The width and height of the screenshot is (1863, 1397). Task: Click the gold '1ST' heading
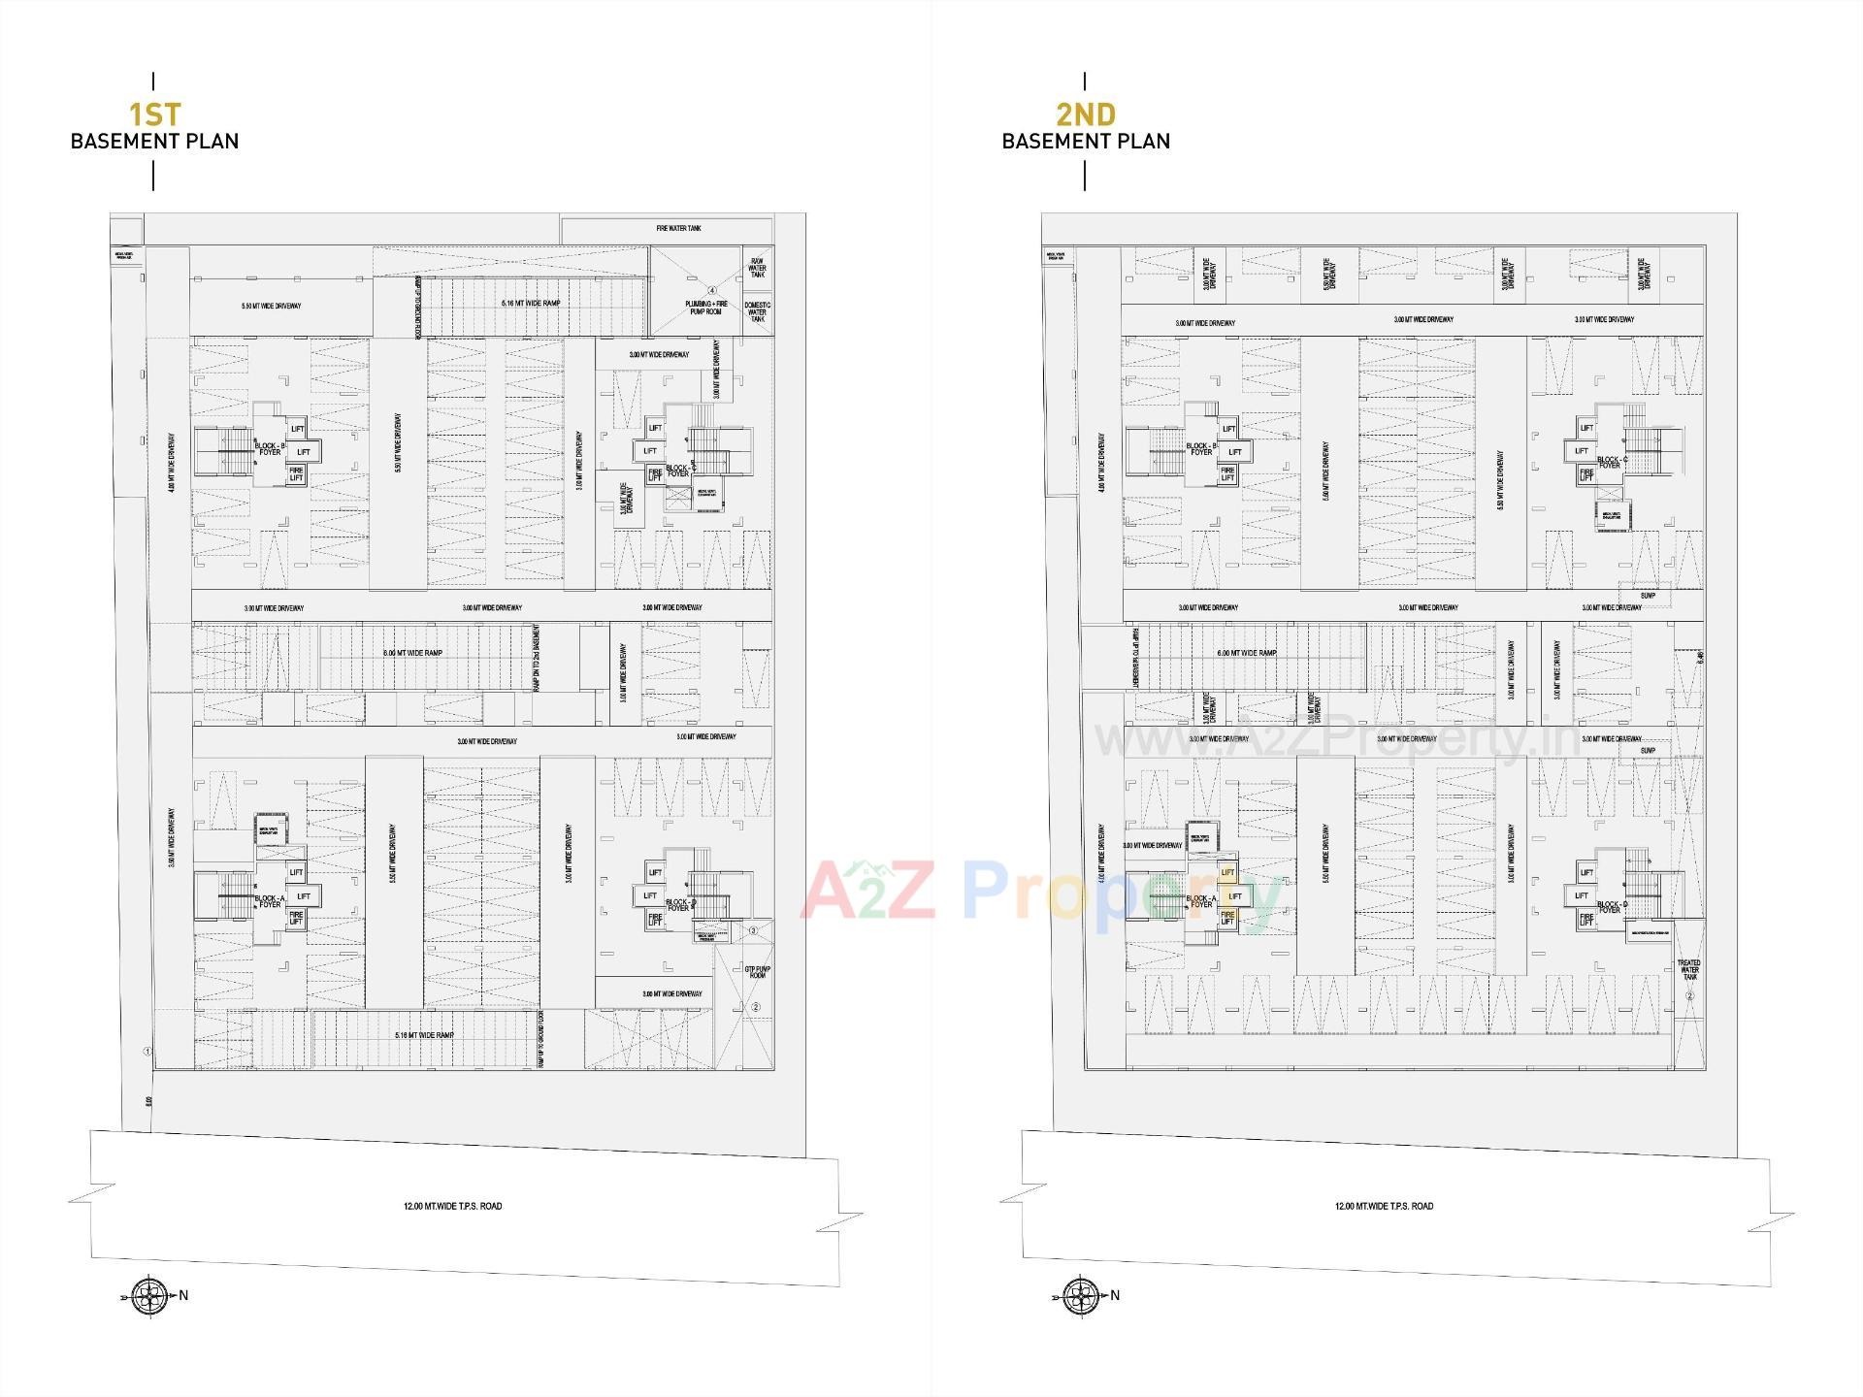(155, 114)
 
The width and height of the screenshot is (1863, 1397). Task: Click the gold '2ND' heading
(1086, 114)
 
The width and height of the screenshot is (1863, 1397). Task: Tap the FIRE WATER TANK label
(678, 229)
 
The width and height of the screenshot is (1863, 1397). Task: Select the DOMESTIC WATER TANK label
(757, 311)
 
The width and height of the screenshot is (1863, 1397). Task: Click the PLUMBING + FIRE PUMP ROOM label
(707, 307)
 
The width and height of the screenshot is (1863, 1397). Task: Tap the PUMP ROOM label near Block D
(757, 971)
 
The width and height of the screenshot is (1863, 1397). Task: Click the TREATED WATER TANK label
(1688, 969)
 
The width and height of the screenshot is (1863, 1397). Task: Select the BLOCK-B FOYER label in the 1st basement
(269, 449)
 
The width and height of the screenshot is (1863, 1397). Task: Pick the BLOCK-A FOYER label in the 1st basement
(269, 901)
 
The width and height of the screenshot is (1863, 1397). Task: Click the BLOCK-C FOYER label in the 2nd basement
(1610, 462)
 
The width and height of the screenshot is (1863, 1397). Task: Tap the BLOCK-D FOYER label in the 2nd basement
(1610, 907)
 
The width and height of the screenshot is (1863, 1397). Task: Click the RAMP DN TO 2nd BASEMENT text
(536, 657)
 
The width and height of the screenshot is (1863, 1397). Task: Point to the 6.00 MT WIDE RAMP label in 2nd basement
(1246, 653)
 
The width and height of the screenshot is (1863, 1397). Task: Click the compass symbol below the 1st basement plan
(148, 1295)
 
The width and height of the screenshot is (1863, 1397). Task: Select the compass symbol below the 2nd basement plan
(1080, 1295)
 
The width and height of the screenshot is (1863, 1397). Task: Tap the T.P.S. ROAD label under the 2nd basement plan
(1384, 1206)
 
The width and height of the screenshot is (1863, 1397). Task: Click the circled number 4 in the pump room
(711, 290)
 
